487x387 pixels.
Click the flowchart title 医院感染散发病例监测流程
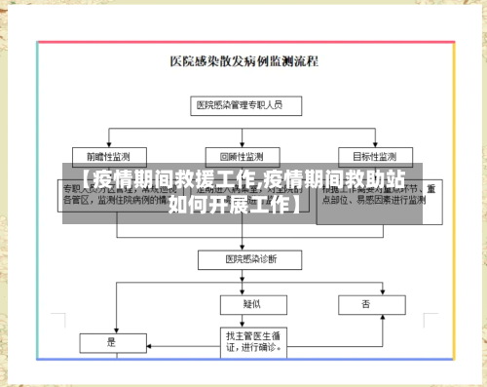[x=250, y=60]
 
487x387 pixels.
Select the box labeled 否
[x=367, y=304]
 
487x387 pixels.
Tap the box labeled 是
[x=110, y=343]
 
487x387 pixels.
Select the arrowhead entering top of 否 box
[x=367, y=292]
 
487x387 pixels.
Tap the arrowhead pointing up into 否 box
[x=367, y=317]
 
